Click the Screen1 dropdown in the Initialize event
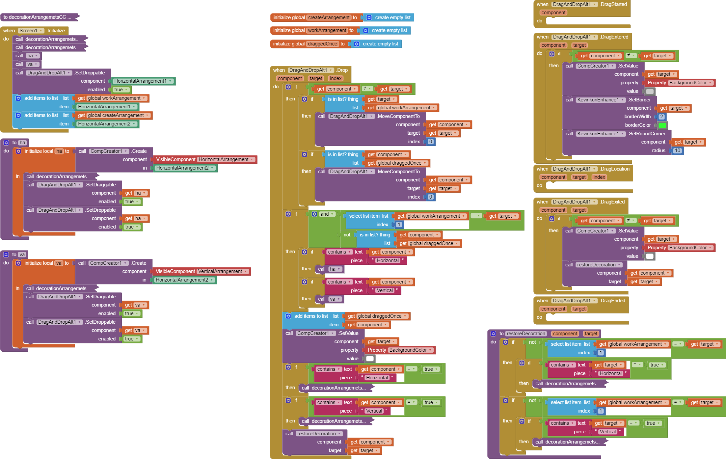point(31,31)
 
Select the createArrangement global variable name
point(329,17)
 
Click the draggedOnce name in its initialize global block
point(322,44)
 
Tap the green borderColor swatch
point(662,125)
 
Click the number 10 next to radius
point(677,150)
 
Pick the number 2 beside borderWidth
point(661,117)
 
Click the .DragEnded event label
point(612,301)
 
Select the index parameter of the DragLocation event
point(599,177)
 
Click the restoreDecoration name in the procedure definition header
point(526,334)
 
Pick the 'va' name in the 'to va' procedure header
point(22,255)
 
